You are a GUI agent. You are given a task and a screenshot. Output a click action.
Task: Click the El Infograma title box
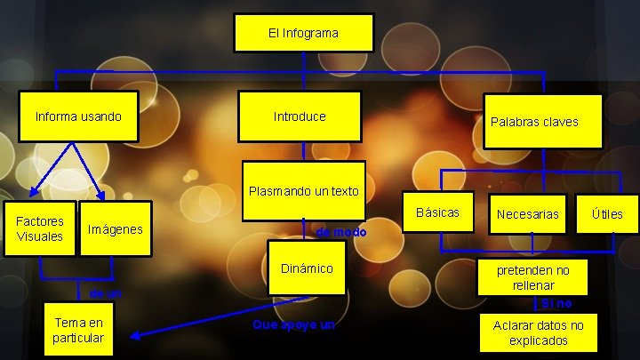point(303,33)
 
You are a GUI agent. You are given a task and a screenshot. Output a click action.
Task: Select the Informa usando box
point(78,116)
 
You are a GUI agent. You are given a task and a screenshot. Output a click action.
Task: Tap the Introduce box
point(300,116)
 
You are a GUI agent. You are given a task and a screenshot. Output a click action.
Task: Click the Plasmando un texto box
point(303,190)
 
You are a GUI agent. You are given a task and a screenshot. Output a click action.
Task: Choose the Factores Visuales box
point(39,228)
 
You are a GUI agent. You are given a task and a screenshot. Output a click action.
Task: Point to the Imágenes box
point(115,229)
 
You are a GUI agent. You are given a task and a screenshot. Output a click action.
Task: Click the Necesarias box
point(528,214)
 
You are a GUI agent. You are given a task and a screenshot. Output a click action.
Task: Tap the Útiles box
point(607,213)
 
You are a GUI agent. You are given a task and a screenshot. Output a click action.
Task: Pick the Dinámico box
point(306,268)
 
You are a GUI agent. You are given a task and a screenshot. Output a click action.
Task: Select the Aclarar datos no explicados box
point(538,332)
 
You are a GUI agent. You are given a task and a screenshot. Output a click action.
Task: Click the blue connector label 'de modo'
point(340,232)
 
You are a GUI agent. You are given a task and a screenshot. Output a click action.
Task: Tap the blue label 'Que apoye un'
point(293,325)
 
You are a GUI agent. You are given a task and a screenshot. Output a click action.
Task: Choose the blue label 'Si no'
point(556,304)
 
